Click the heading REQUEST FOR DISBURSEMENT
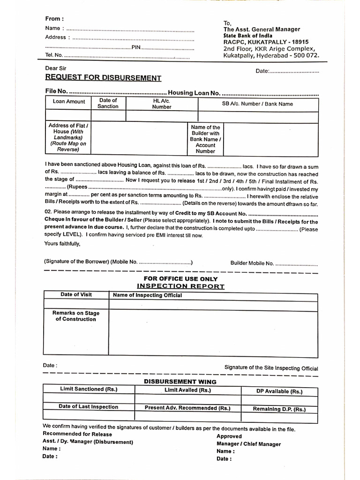pos(103,78)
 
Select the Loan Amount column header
pos(69,102)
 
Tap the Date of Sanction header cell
pos(108,103)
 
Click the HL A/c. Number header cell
pos(162,104)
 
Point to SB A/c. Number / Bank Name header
pos(257,104)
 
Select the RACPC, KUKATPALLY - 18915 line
pos(266,42)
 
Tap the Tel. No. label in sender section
pos(54,55)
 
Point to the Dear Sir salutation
pos(55,68)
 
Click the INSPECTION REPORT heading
pos(180,286)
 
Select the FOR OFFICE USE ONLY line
pos(180,278)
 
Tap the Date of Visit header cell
pos(76,295)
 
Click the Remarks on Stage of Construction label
pos(76,316)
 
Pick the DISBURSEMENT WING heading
pos(180,382)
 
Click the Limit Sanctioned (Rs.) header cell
pos(89,389)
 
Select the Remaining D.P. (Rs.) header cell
pos(279,409)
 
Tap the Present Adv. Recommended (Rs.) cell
pos(187,408)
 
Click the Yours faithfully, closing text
pos(62,243)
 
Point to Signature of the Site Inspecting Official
pos(271,368)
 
